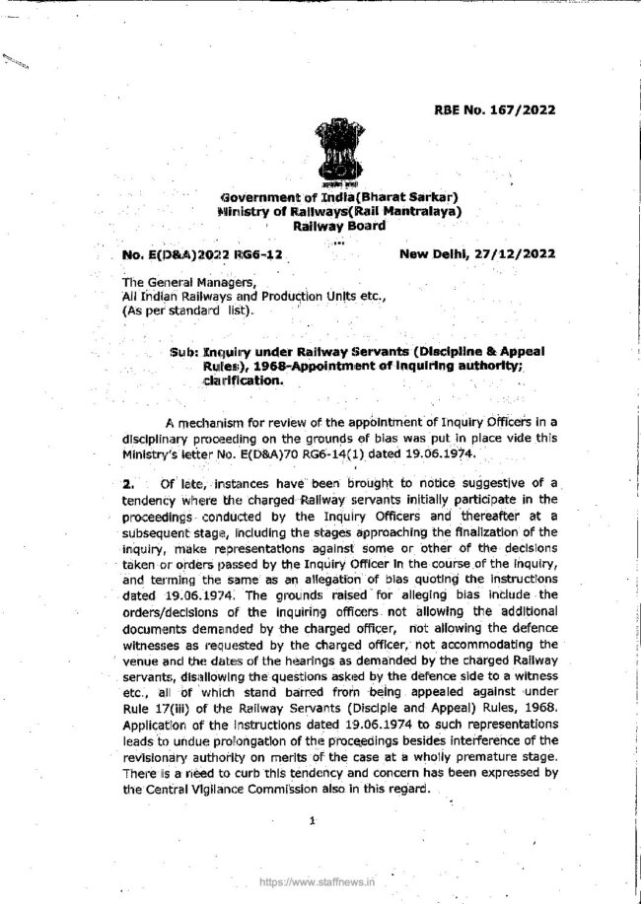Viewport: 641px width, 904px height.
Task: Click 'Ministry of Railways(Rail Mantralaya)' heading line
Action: [x=338, y=211]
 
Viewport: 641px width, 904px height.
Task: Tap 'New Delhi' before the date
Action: [x=436, y=254]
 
